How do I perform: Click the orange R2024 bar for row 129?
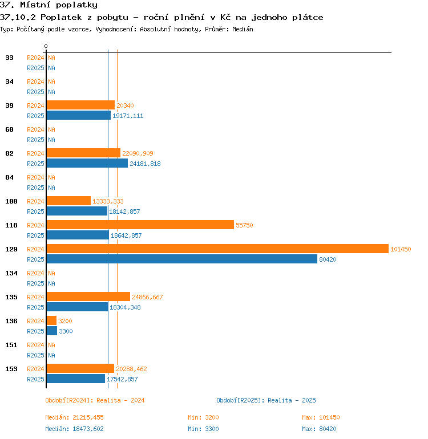(217, 249)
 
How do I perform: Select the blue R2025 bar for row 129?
(182, 259)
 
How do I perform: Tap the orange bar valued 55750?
(140, 225)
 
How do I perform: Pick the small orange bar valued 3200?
(51, 320)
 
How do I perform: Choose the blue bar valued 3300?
(52, 331)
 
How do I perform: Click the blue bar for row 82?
(87, 163)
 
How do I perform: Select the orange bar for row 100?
(68, 201)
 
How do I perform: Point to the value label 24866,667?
(147, 297)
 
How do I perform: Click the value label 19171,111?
(128, 116)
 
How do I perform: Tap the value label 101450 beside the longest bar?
(401, 249)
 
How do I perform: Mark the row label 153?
(11, 369)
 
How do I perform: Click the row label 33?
(9, 58)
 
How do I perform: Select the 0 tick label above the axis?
(46, 46)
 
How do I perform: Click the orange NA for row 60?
(51, 129)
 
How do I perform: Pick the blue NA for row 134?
(51, 283)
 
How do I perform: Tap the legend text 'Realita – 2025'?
(292, 400)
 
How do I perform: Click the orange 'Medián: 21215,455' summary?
(74, 417)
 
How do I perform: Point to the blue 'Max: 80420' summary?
(319, 429)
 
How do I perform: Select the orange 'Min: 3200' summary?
(203, 417)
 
